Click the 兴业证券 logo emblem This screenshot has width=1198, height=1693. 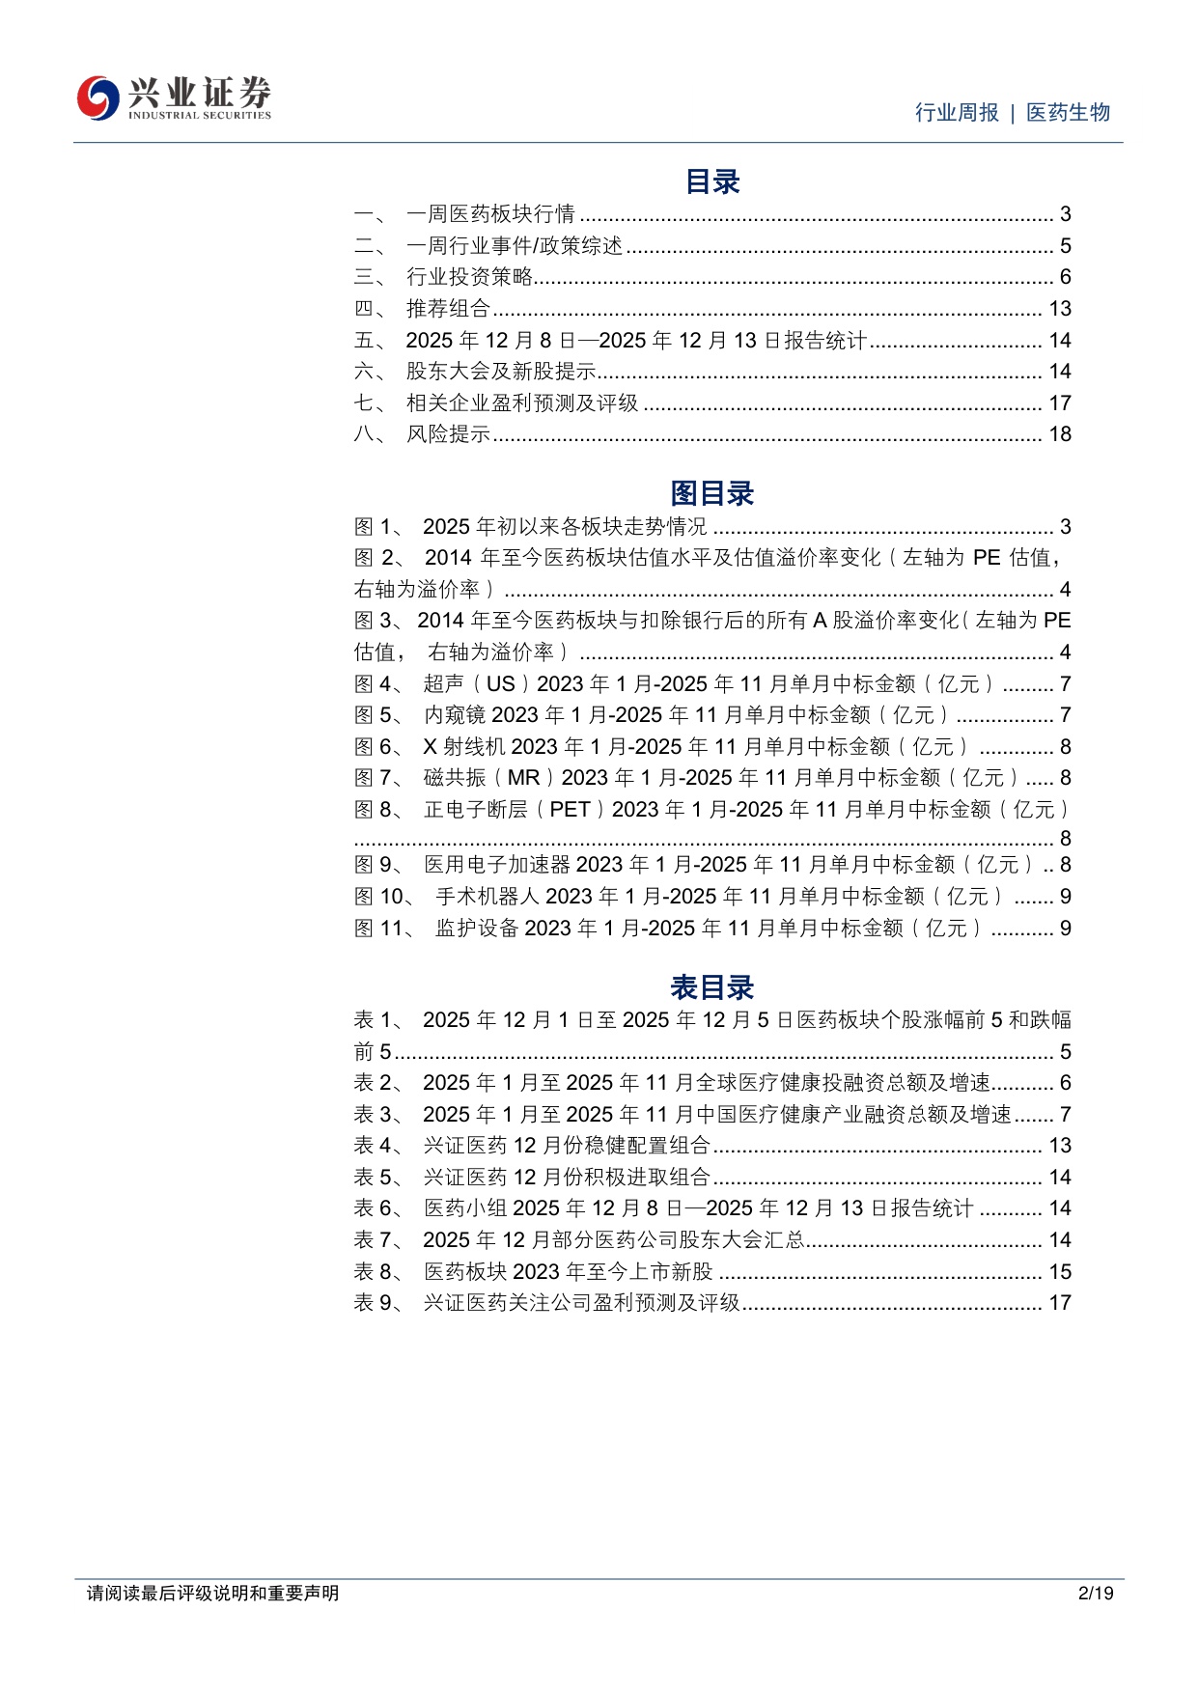click(x=98, y=97)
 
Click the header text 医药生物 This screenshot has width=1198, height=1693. click(x=1068, y=113)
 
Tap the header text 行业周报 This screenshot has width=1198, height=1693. click(x=957, y=113)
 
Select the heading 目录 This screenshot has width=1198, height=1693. click(x=712, y=181)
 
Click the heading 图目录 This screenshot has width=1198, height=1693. click(x=712, y=494)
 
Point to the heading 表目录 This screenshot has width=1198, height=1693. click(x=712, y=987)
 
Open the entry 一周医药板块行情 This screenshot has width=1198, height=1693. click(x=490, y=214)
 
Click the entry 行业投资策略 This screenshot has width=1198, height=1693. click(x=469, y=277)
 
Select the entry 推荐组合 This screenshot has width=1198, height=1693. click(x=448, y=309)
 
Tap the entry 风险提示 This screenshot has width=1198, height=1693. click(x=448, y=434)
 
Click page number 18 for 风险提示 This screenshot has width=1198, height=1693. click(x=1060, y=434)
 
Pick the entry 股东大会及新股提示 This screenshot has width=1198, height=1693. click(x=501, y=372)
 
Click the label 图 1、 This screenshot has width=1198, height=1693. click(x=377, y=527)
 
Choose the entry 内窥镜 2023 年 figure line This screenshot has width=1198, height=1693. click(x=685, y=715)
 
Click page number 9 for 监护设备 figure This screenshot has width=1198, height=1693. click(x=1066, y=929)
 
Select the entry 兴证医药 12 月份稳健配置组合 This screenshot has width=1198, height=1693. click(x=567, y=1146)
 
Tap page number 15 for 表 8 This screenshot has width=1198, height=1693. click(x=1060, y=1272)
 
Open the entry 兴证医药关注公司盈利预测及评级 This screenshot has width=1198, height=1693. click(x=581, y=1303)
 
